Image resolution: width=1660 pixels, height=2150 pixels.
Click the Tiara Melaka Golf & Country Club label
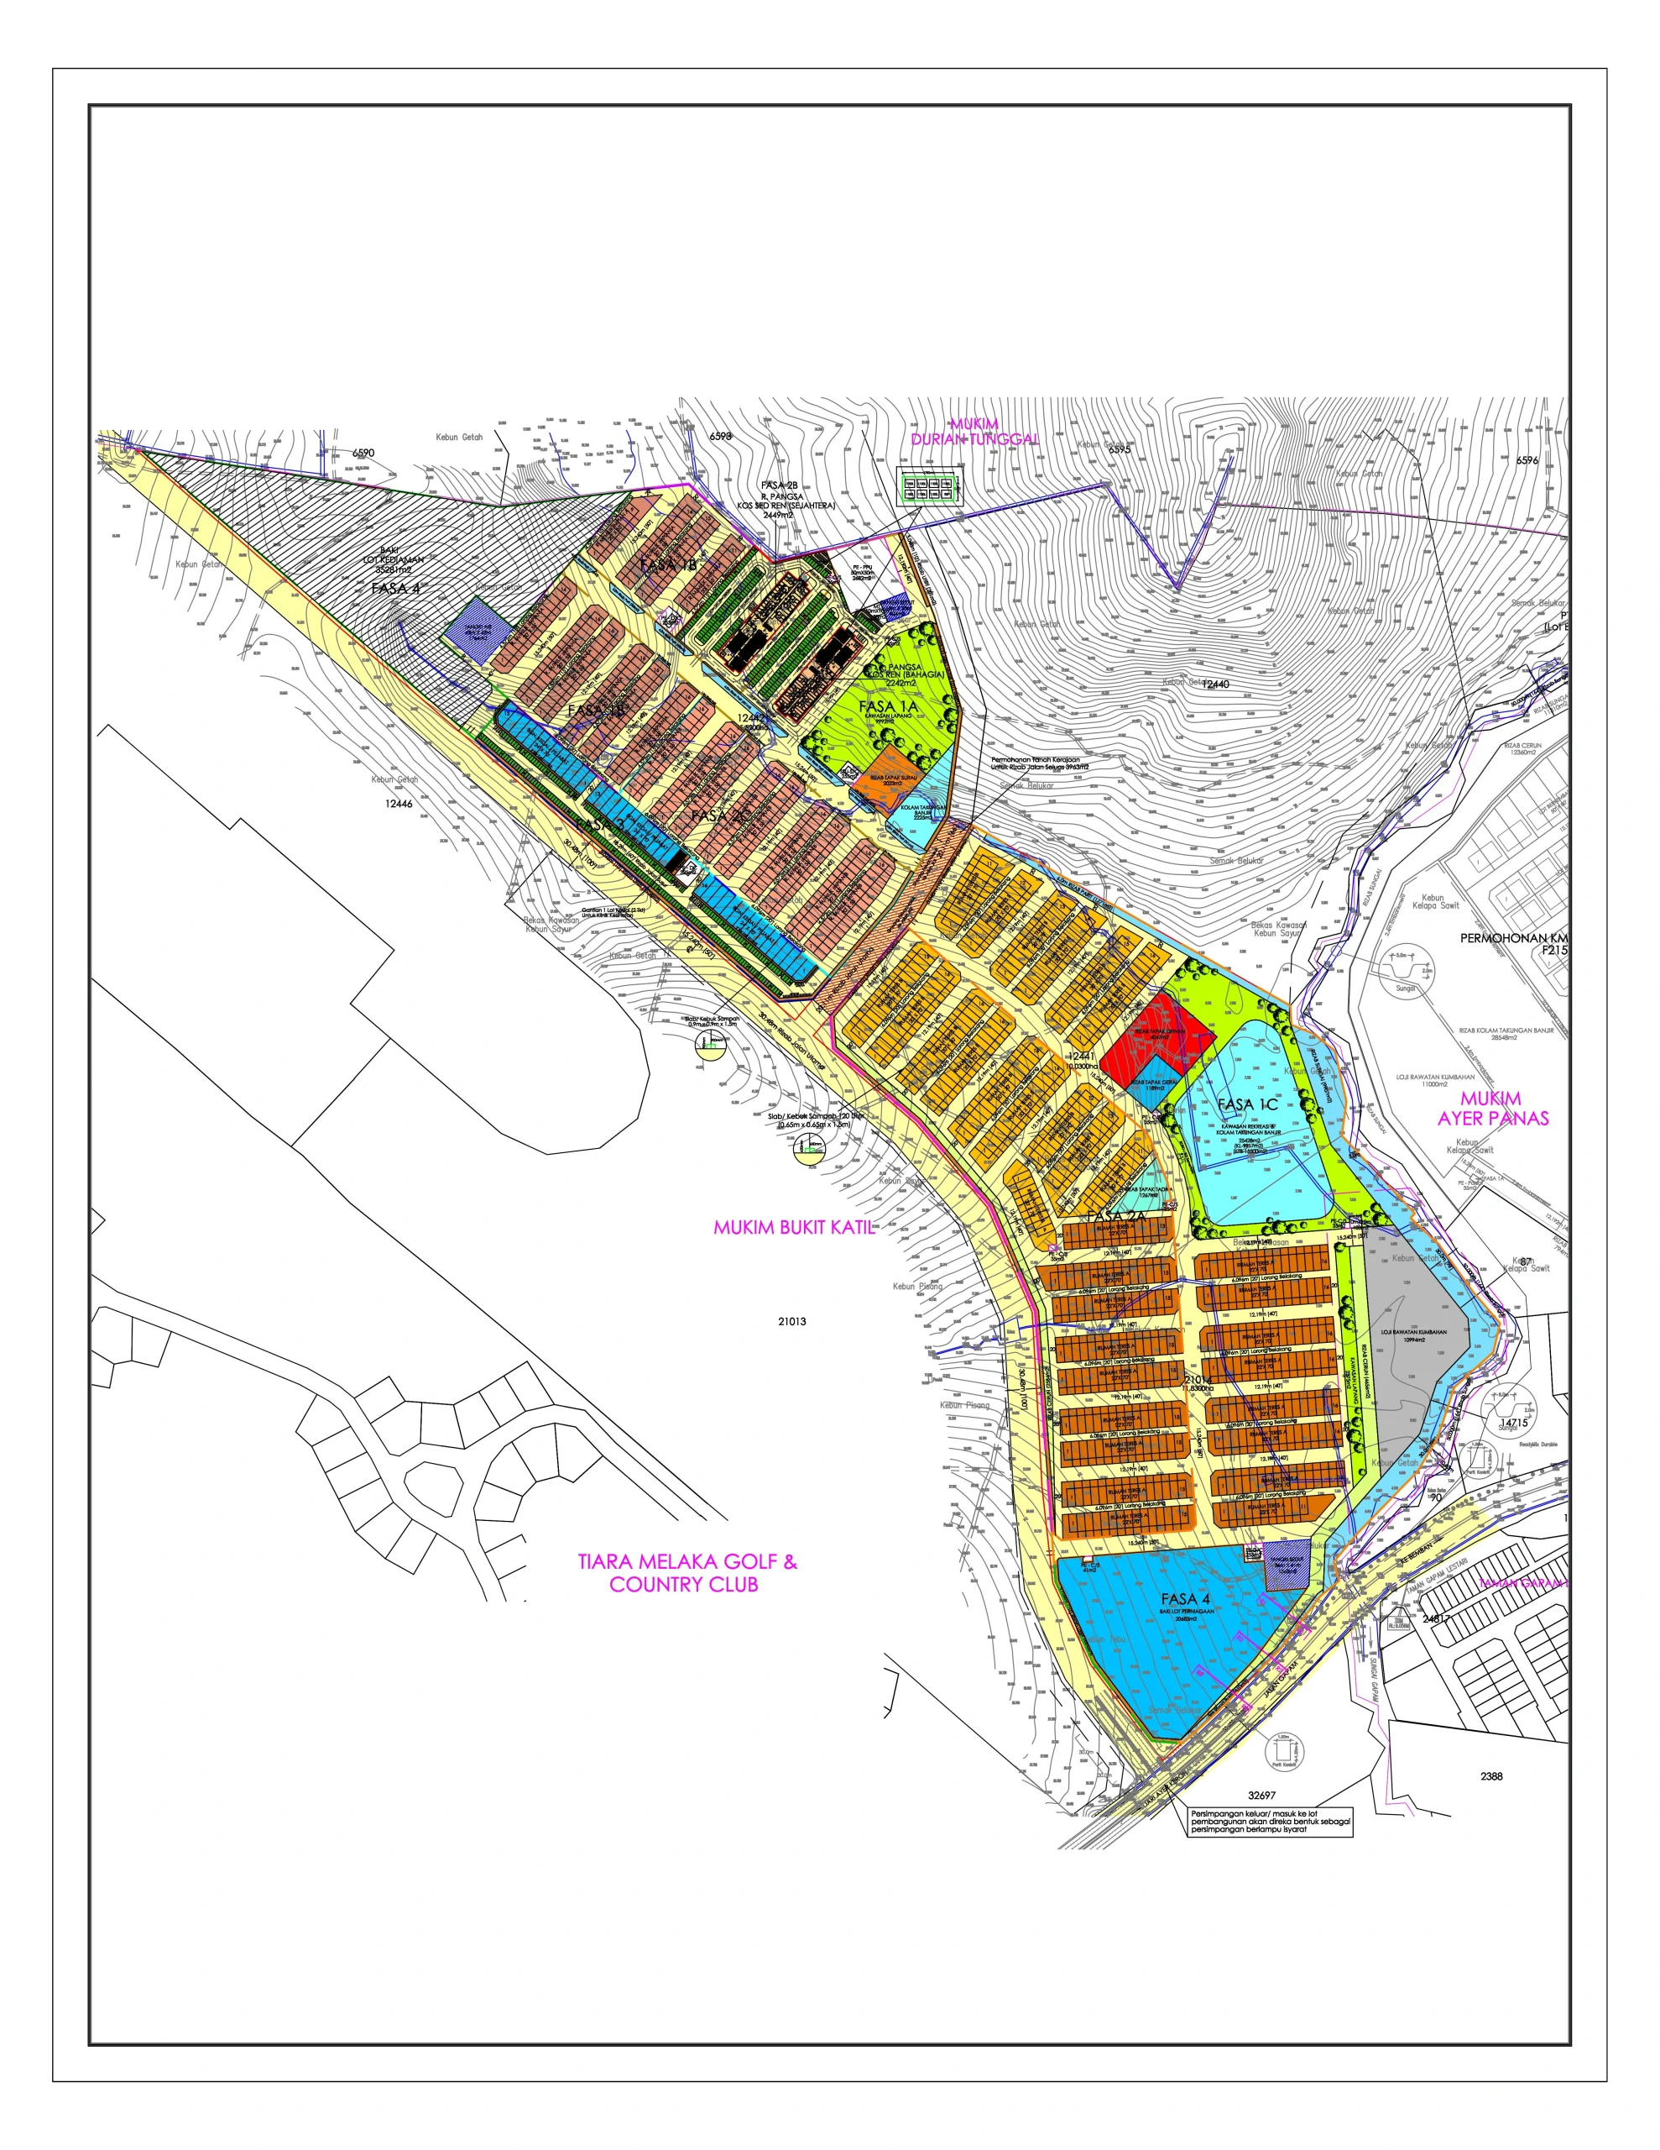click(x=686, y=1572)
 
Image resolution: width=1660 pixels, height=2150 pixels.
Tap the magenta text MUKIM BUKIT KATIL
click(x=793, y=1228)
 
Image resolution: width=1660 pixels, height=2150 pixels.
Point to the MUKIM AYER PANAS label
click(x=1492, y=1109)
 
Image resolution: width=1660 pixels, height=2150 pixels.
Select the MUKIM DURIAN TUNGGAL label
click(x=974, y=433)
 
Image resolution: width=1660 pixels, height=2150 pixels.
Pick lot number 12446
click(x=399, y=803)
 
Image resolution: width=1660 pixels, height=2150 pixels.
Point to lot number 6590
click(x=363, y=453)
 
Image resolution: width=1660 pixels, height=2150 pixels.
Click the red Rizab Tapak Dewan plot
click(x=1156, y=1036)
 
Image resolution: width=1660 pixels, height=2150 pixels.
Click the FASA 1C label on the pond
click(x=1247, y=1104)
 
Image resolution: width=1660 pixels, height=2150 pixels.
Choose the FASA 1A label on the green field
click(x=888, y=707)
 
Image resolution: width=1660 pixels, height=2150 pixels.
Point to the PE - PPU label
click(x=861, y=567)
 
